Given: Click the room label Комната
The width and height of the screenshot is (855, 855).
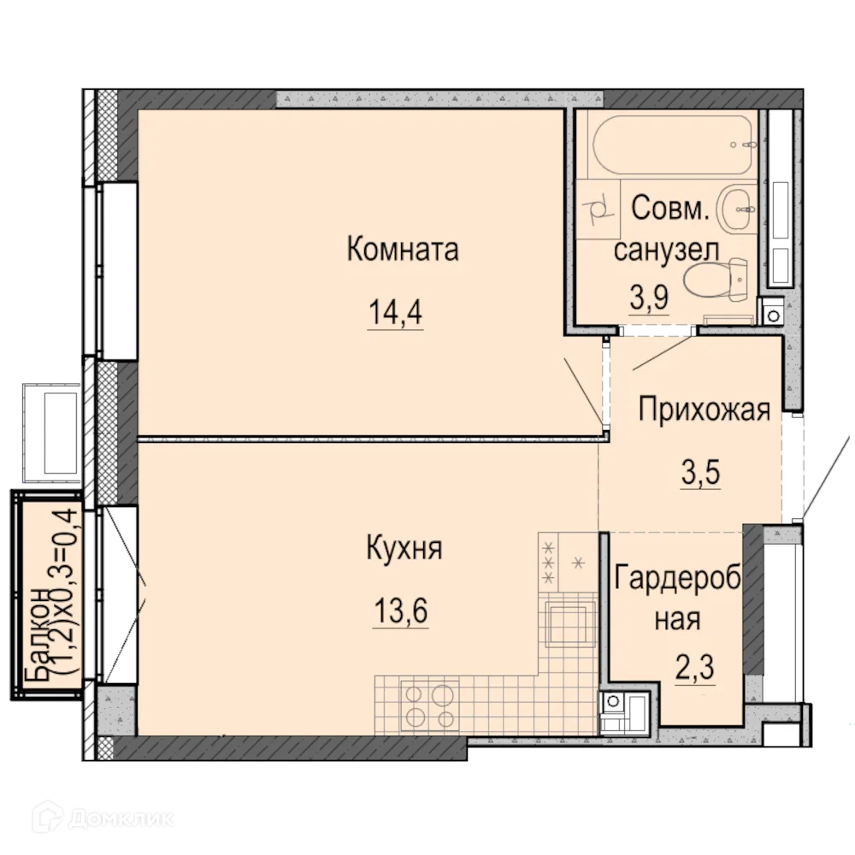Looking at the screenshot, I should tap(403, 250).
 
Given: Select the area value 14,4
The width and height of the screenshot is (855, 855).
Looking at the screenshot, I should tap(395, 313).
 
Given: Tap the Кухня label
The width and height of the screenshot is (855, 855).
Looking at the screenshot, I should tap(404, 548).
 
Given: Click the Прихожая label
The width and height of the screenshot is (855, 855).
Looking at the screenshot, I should tap(705, 410).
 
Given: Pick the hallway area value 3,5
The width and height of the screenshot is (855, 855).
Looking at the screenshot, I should tap(700, 471).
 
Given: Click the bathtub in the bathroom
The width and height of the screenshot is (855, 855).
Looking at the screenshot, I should tap(673, 144).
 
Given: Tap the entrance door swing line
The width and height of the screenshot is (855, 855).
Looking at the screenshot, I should tap(824, 475).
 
